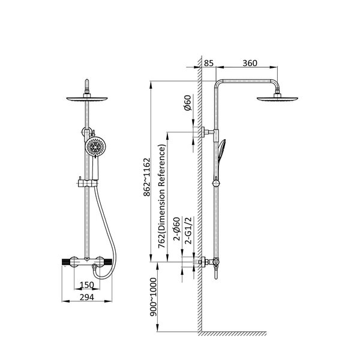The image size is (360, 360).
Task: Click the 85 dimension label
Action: pyautogui.click(x=209, y=63)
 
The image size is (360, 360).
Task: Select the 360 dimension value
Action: pyautogui.click(x=250, y=63)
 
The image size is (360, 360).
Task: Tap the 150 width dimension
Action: pyautogui.click(x=87, y=285)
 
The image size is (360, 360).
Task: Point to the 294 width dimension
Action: pyautogui.click(x=87, y=298)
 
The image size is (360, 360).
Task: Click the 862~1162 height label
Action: pyautogui.click(x=147, y=177)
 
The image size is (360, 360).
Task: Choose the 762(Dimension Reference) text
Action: pyautogui.click(x=161, y=197)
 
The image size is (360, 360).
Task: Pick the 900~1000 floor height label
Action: pyautogui.click(x=153, y=297)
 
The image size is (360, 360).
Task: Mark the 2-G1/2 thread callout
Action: pyautogui.click(x=188, y=230)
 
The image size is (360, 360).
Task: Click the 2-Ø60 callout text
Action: pyautogui.click(x=176, y=229)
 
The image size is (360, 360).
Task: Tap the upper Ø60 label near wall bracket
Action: pyautogui.click(x=188, y=103)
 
